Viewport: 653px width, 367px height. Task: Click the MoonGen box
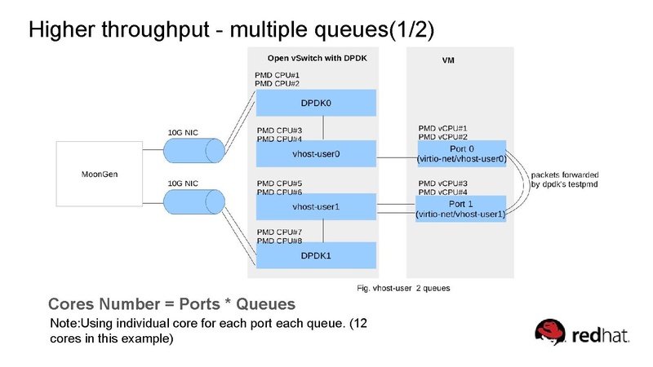[97, 175]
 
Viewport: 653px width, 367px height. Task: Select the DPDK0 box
[316, 103]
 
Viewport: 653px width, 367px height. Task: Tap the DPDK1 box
[316, 255]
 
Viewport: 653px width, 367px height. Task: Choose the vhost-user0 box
[316, 153]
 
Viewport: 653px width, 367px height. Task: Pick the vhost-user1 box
[316, 206]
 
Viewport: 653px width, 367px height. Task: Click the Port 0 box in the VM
[461, 153]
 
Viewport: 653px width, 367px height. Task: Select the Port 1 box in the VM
[461, 208]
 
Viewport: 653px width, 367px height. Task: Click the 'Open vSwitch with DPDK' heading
[318, 59]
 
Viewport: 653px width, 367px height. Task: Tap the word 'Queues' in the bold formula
[263, 305]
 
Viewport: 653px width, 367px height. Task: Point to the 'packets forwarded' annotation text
[566, 175]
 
